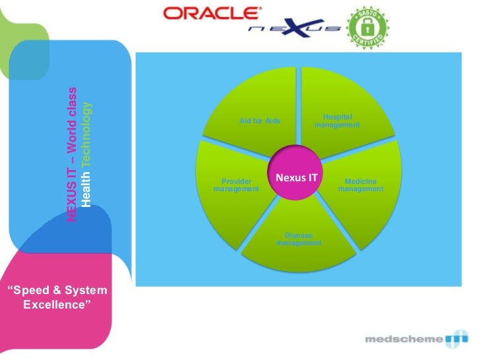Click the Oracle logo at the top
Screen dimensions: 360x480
coord(211,13)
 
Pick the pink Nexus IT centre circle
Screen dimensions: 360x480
coord(296,177)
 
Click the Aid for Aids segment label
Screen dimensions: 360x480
coord(260,121)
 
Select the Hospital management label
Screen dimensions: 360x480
coord(337,121)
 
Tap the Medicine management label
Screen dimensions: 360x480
coord(361,185)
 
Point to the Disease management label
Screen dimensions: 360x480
coord(299,239)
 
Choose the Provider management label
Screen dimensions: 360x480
coord(236,185)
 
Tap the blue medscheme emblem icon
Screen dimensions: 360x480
coord(456,340)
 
